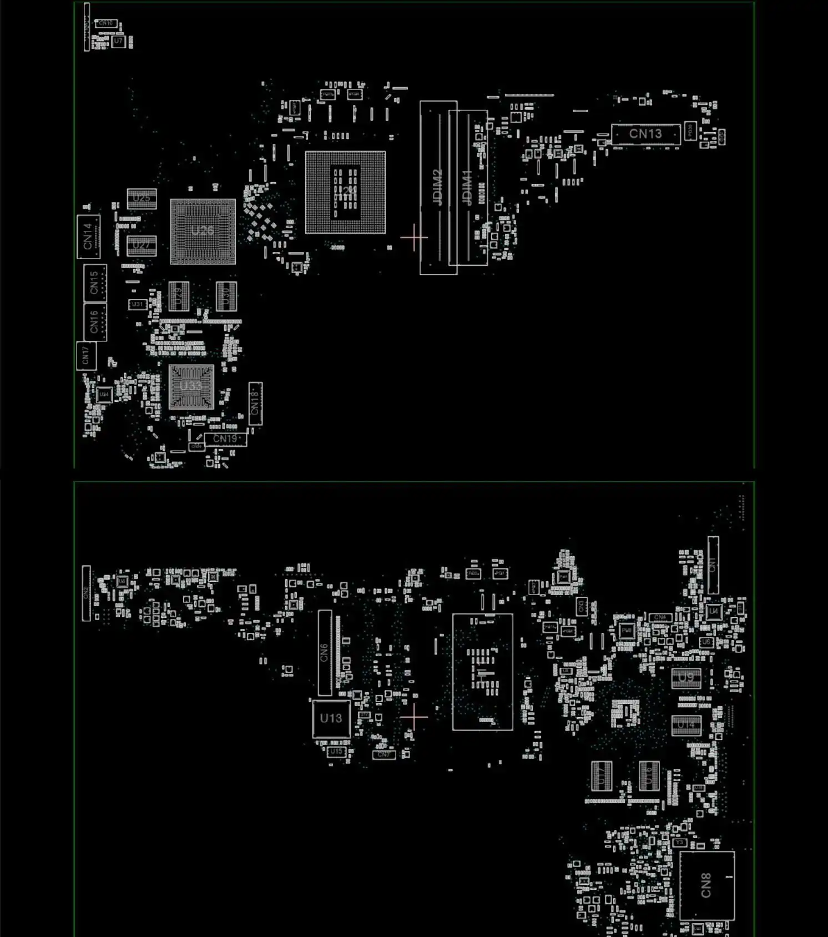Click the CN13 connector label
click(645, 134)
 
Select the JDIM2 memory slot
click(438, 188)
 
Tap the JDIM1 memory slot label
click(468, 188)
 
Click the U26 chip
click(203, 231)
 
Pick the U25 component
click(142, 198)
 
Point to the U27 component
click(142, 245)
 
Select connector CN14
click(88, 236)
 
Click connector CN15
click(95, 283)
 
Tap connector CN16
click(95, 322)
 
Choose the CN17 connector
click(86, 355)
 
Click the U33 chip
click(191, 387)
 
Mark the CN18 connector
click(255, 403)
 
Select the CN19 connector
click(225, 439)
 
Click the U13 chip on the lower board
click(331, 718)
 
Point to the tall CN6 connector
click(325, 653)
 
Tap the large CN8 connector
click(706, 885)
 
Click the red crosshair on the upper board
click(414, 238)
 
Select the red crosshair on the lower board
click(414, 717)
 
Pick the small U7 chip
click(118, 41)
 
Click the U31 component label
click(137, 304)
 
